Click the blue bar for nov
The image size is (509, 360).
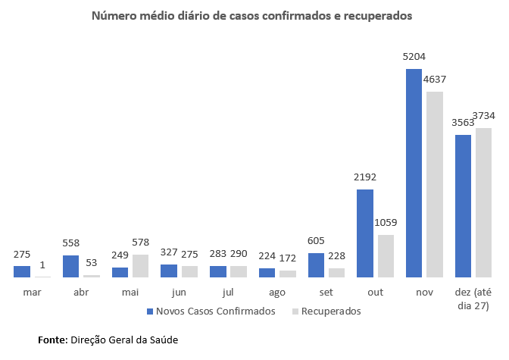coord(414,173)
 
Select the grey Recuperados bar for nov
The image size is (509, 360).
coord(434,184)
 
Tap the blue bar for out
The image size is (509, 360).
coord(365,233)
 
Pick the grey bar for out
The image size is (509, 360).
coord(386,255)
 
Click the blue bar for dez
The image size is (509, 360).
coord(463,205)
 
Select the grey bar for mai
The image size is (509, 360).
coord(140,265)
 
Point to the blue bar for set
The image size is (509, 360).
coord(316,265)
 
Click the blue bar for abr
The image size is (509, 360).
coord(70,265)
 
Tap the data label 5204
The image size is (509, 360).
coord(414,56)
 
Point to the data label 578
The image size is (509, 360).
coord(140,242)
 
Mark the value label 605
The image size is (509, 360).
coord(316,241)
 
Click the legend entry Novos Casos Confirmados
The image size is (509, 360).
coord(210,311)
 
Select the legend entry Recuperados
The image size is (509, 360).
coord(330,311)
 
